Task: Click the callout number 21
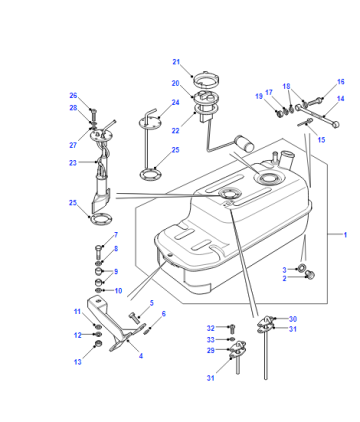[176, 62]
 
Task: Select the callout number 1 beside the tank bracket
[345, 235]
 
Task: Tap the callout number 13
[78, 362]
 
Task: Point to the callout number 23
[73, 163]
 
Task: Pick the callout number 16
[340, 82]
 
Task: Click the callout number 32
[210, 328]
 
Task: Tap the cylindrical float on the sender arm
[245, 143]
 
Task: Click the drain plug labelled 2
[310, 275]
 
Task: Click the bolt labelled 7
[99, 252]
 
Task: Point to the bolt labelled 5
[134, 318]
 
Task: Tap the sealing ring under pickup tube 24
[150, 174]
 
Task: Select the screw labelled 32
[232, 329]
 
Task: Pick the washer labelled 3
[302, 268]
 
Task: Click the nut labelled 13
[99, 344]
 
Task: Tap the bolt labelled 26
[93, 115]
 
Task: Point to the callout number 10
[118, 291]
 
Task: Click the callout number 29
[210, 350]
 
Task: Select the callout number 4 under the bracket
[141, 356]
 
